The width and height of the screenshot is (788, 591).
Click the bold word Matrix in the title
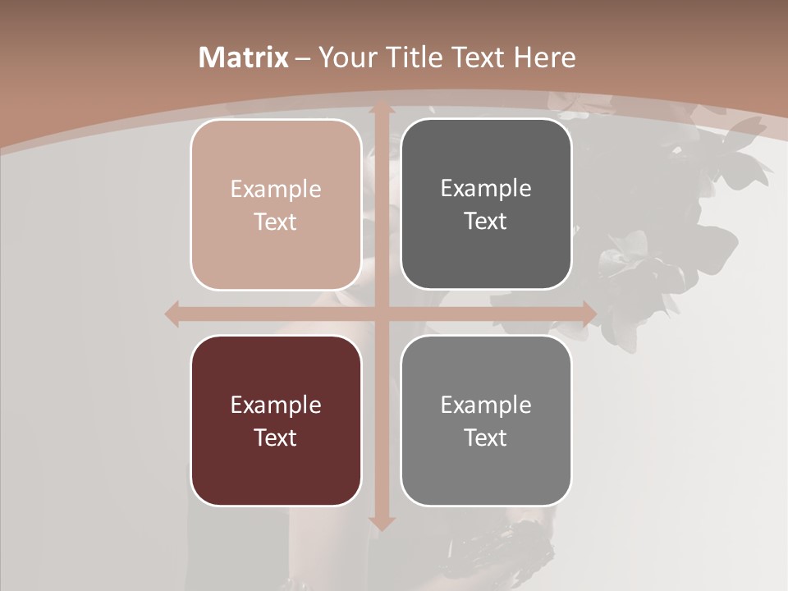pyautogui.click(x=243, y=57)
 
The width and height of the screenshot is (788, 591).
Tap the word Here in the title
pyautogui.click(x=544, y=57)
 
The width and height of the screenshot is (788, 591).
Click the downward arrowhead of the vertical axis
pyautogui.click(x=381, y=522)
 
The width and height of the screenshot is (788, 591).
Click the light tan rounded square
pyautogui.click(x=276, y=204)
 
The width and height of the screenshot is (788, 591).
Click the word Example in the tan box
pyautogui.click(x=276, y=190)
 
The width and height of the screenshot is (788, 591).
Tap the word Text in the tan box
pyautogui.click(x=276, y=222)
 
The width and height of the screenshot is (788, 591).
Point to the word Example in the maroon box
pyautogui.click(x=276, y=405)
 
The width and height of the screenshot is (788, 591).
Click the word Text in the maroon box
pyautogui.click(x=276, y=438)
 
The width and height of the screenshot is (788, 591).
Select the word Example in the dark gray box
pyautogui.click(x=486, y=189)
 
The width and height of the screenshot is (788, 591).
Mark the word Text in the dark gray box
pyautogui.click(x=486, y=222)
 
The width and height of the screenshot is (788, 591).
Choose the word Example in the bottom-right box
pyautogui.click(x=486, y=405)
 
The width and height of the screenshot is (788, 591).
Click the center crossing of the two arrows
pyautogui.click(x=381, y=314)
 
